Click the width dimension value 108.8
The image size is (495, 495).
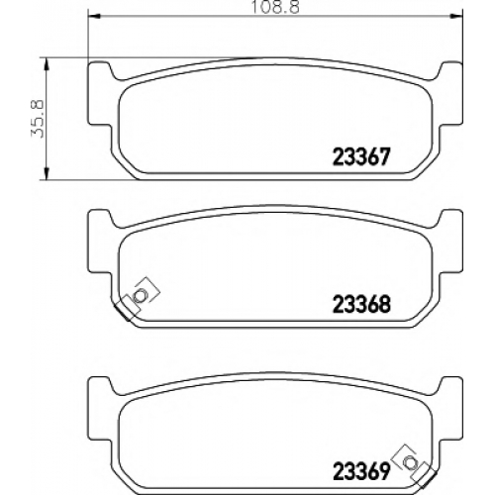[276, 7]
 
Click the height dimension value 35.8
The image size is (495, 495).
[38, 119]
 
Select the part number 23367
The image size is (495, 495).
[361, 156]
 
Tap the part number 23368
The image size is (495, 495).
[361, 304]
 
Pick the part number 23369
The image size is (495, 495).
[361, 471]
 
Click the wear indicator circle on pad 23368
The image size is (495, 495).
[140, 295]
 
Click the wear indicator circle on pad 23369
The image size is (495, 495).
[410, 462]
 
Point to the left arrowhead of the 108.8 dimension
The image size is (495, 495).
[94, 16]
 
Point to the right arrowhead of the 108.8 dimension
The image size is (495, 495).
[456, 16]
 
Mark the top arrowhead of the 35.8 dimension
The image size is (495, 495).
[47, 64]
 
